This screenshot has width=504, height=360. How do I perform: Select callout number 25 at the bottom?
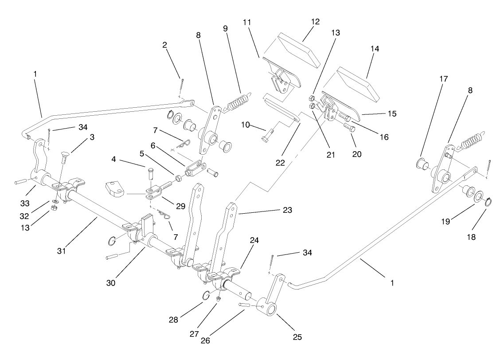coord(297,337)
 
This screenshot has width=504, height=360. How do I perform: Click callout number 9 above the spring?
coord(226,28)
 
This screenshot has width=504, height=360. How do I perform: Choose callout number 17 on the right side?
coord(418,79)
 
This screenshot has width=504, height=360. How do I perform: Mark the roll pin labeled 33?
coord(21,181)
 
